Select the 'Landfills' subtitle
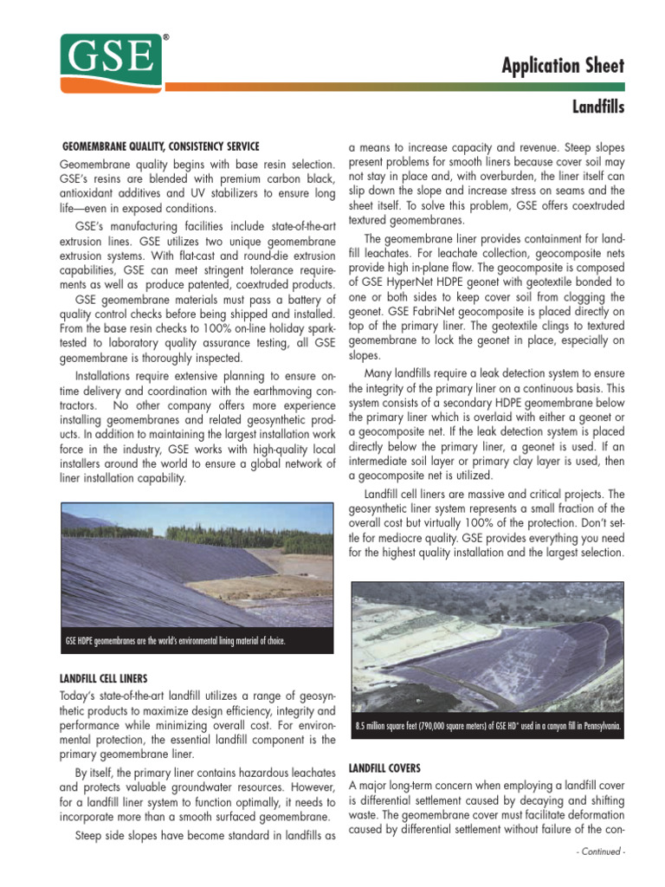coord(597,107)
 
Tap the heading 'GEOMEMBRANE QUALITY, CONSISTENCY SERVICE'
coord(161,146)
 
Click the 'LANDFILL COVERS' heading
coord(384,767)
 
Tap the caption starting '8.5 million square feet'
coord(487,726)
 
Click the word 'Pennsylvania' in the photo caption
coord(600,726)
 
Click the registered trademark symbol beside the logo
coord(165,39)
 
